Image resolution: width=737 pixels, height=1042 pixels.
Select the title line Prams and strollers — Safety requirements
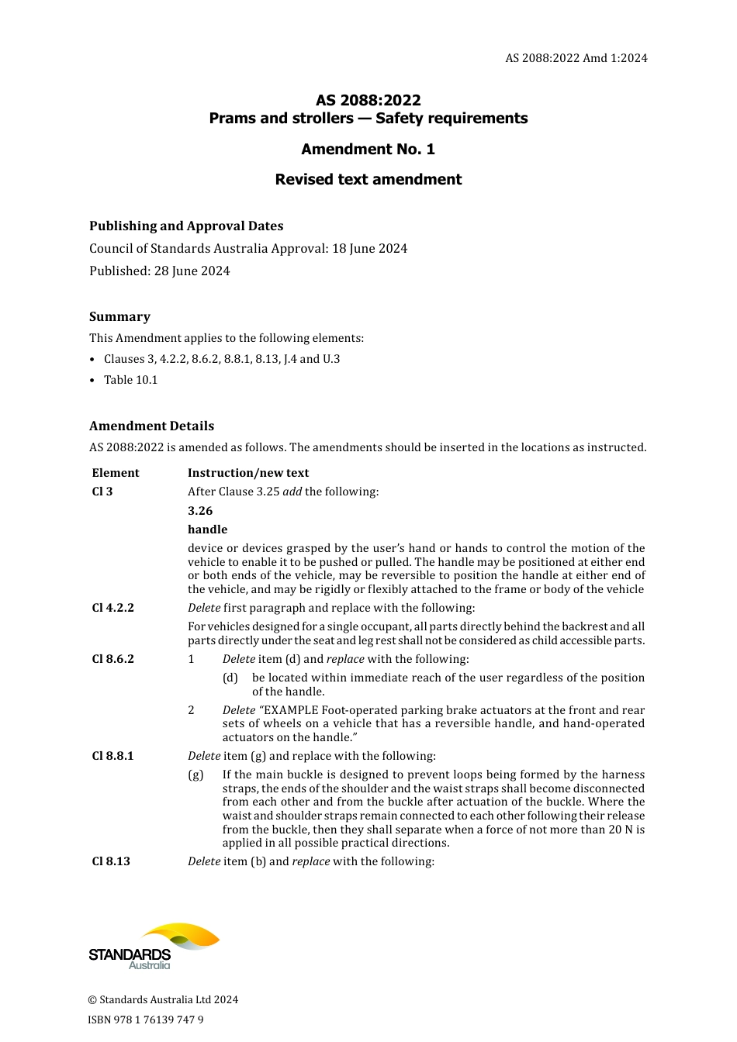click(368, 119)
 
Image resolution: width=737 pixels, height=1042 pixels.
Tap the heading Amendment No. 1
click(368, 149)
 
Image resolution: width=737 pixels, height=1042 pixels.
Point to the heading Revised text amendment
click(368, 180)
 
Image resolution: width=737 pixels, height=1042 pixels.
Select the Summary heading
click(119, 317)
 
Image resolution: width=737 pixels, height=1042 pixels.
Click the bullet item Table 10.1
click(130, 380)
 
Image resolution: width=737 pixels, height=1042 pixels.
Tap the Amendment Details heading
click(151, 426)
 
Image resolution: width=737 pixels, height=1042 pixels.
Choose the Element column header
click(116, 473)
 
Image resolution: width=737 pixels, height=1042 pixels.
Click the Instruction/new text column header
click(248, 473)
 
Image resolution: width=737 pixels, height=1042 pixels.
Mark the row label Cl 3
click(102, 492)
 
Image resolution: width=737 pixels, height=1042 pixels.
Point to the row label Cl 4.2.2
click(112, 608)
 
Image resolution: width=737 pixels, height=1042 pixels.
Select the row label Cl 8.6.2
click(112, 659)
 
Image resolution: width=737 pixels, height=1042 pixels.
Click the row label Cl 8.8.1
click(112, 756)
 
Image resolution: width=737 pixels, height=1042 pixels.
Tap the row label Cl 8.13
click(111, 861)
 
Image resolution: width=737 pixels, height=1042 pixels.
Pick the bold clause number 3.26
click(200, 511)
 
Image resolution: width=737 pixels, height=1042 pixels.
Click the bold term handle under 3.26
click(207, 530)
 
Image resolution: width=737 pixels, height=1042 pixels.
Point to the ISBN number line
click(146, 1020)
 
